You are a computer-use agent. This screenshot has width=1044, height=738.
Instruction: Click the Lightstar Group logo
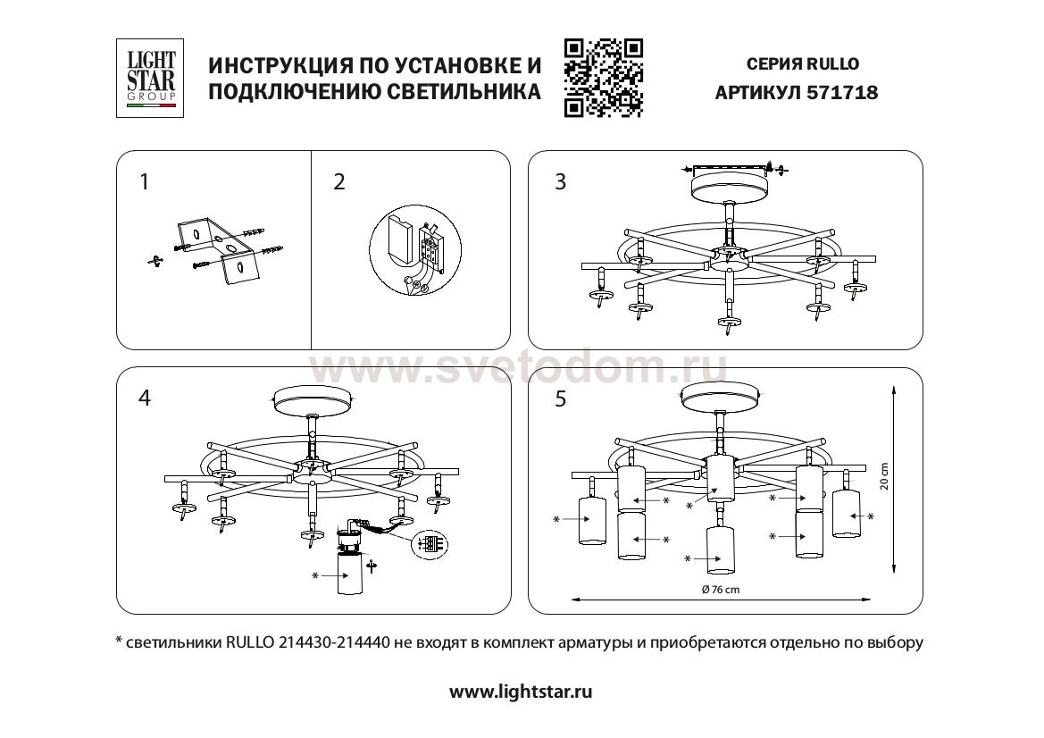(150, 78)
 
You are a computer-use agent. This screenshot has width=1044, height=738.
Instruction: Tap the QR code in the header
(603, 78)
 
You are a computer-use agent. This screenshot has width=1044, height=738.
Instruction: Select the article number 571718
(841, 93)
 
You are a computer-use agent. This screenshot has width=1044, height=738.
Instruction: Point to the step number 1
(144, 182)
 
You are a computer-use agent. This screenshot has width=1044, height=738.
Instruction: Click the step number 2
(339, 182)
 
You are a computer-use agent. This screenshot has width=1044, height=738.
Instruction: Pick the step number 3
(561, 182)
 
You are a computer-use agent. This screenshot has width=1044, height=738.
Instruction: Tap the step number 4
(145, 398)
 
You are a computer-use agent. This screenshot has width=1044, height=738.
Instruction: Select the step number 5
(561, 398)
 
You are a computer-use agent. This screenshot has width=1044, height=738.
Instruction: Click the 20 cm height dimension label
(884, 476)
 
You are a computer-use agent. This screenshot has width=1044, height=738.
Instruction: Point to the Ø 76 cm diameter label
(721, 590)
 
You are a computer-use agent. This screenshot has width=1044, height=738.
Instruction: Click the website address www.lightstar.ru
(521, 692)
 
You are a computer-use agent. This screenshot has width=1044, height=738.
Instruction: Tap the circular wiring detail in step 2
(415, 252)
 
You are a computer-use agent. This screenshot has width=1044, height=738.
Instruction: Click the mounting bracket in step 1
(215, 251)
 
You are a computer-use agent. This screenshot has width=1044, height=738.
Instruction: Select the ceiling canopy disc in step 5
(722, 397)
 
